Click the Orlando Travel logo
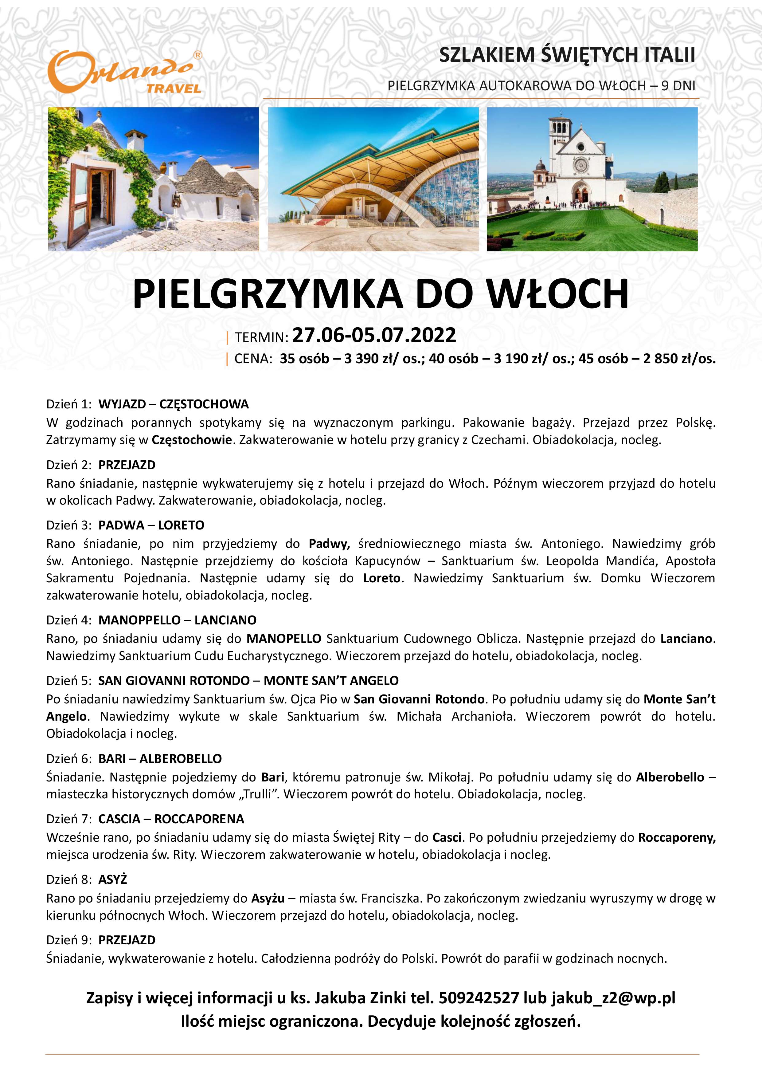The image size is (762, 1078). (x=125, y=73)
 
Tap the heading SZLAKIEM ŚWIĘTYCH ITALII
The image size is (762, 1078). (x=567, y=55)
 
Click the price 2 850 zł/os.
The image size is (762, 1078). (x=679, y=359)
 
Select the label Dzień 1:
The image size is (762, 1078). (x=68, y=404)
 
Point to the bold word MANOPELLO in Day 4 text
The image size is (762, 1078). (x=284, y=639)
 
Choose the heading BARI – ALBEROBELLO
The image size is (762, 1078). (x=160, y=759)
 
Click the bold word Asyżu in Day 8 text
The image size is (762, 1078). (x=268, y=898)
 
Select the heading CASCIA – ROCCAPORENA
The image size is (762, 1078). (x=171, y=819)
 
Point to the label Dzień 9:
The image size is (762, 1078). (x=68, y=940)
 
